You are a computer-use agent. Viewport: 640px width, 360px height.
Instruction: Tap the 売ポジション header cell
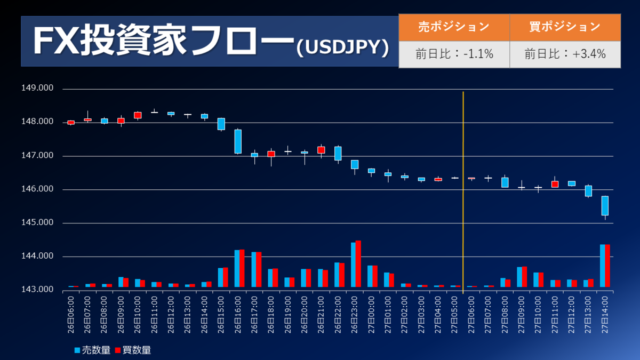coord(454,27)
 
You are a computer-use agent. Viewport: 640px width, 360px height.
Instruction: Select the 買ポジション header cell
coord(565,27)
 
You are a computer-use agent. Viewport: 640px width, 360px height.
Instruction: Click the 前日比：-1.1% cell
coord(454,54)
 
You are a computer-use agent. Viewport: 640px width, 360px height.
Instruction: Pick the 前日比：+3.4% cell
coord(565,54)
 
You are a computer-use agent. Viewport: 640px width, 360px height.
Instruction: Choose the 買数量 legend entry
coord(133,350)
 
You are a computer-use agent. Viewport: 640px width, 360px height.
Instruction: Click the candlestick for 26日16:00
coord(238,141)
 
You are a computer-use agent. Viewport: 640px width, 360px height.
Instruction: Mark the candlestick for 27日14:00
coord(605,206)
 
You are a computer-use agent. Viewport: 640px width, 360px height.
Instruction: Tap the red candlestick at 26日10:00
coord(138,115)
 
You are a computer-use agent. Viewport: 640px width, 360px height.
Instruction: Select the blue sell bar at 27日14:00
coord(602,267)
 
